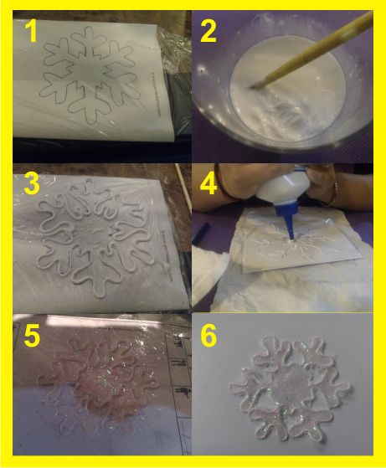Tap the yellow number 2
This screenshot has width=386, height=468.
208,32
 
